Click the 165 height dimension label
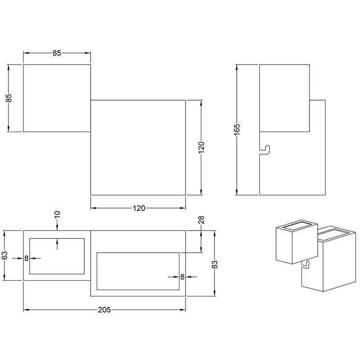point(237,129)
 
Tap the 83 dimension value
point(214,264)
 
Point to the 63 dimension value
point(5,256)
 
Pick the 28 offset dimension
point(201,222)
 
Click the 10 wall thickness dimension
point(57,215)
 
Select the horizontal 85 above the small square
point(56,53)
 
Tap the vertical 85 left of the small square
point(8,98)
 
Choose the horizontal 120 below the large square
point(138,208)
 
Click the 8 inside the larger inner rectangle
point(183,277)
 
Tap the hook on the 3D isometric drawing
point(305,264)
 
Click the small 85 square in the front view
point(56,98)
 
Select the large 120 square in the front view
point(138,147)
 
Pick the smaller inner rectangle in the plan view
point(57,256)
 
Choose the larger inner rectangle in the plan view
point(138,272)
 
